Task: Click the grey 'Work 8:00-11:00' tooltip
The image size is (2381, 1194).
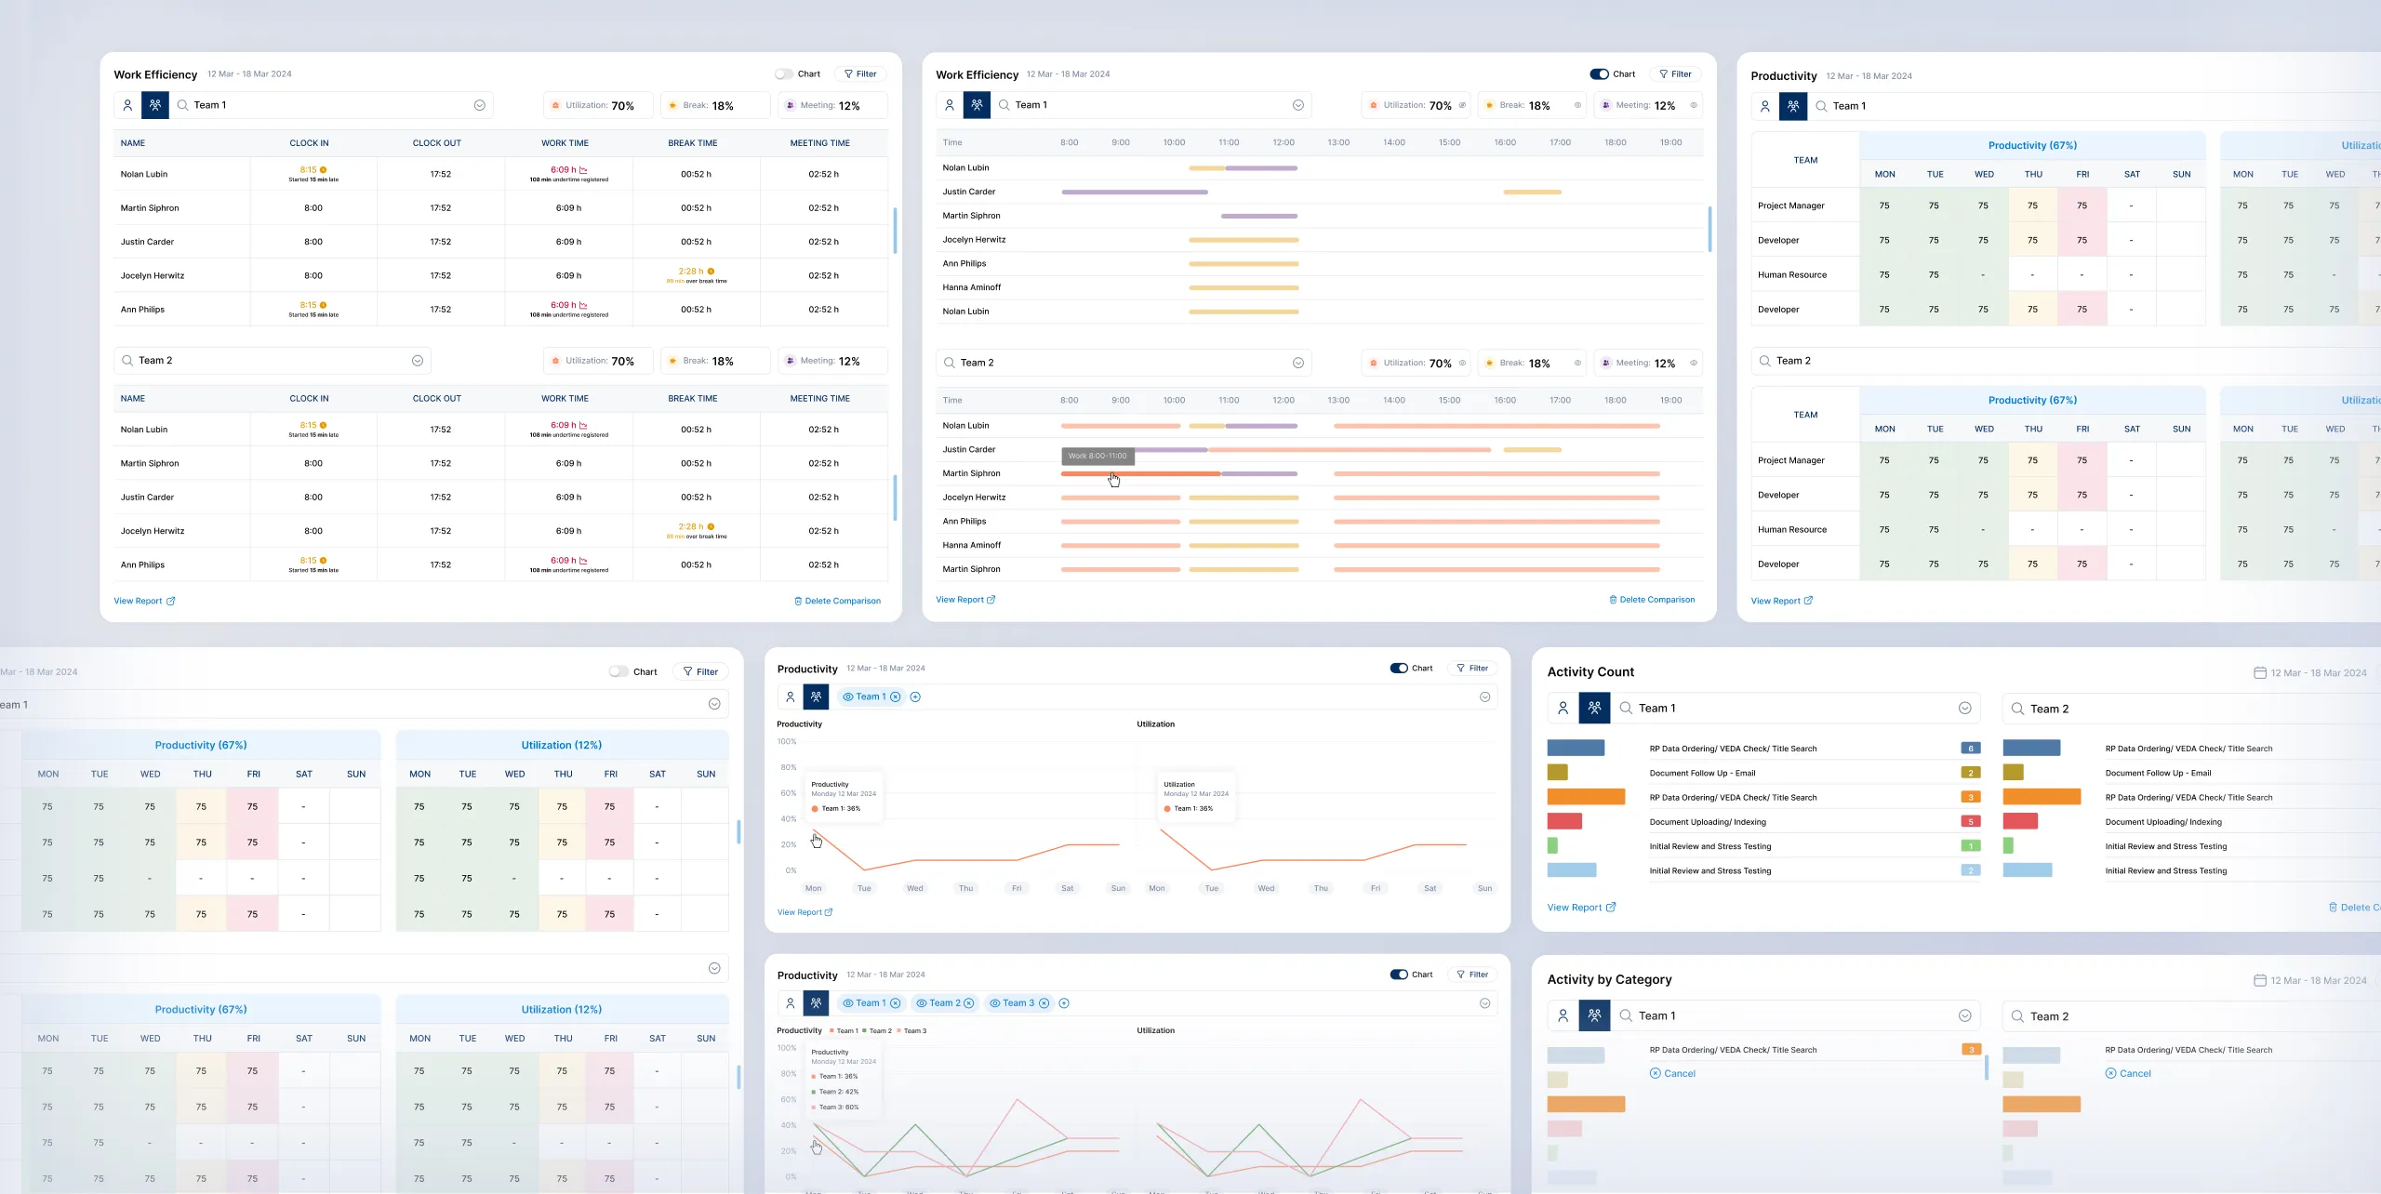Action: tap(1097, 456)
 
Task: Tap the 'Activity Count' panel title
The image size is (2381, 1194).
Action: tap(1590, 671)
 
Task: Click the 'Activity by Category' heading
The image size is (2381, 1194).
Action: tap(1608, 979)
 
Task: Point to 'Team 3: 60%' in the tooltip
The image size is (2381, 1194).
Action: tap(839, 1107)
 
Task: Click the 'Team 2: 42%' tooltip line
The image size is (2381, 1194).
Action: tap(839, 1092)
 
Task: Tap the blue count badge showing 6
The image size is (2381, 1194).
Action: tap(1970, 749)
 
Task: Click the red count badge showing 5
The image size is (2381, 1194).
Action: tap(1970, 821)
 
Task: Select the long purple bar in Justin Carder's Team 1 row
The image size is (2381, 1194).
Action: tap(1134, 192)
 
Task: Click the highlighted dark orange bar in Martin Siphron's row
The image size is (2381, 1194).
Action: tap(1140, 473)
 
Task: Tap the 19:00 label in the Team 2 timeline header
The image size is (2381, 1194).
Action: tap(1670, 400)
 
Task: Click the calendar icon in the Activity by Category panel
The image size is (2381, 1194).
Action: tap(2259, 980)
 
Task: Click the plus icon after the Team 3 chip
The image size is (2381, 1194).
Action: tap(1064, 1002)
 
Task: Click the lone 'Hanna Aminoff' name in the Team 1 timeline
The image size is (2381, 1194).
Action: tap(971, 287)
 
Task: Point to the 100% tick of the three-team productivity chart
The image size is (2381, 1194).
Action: tap(787, 1048)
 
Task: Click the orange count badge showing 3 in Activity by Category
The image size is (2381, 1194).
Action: tap(1970, 1050)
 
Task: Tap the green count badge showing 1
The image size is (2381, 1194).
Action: tap(1970, 846)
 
